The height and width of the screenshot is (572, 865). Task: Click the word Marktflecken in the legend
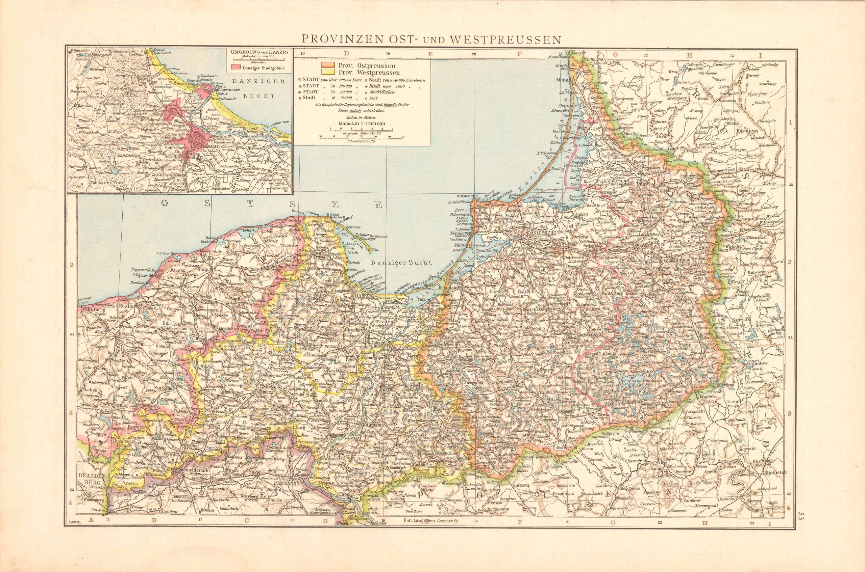click(382, 92)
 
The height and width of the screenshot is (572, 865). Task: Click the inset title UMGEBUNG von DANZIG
click(258, 52)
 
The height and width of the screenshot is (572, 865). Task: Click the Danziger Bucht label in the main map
click(400, 262)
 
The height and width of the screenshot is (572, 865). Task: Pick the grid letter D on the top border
click(346, 54)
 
